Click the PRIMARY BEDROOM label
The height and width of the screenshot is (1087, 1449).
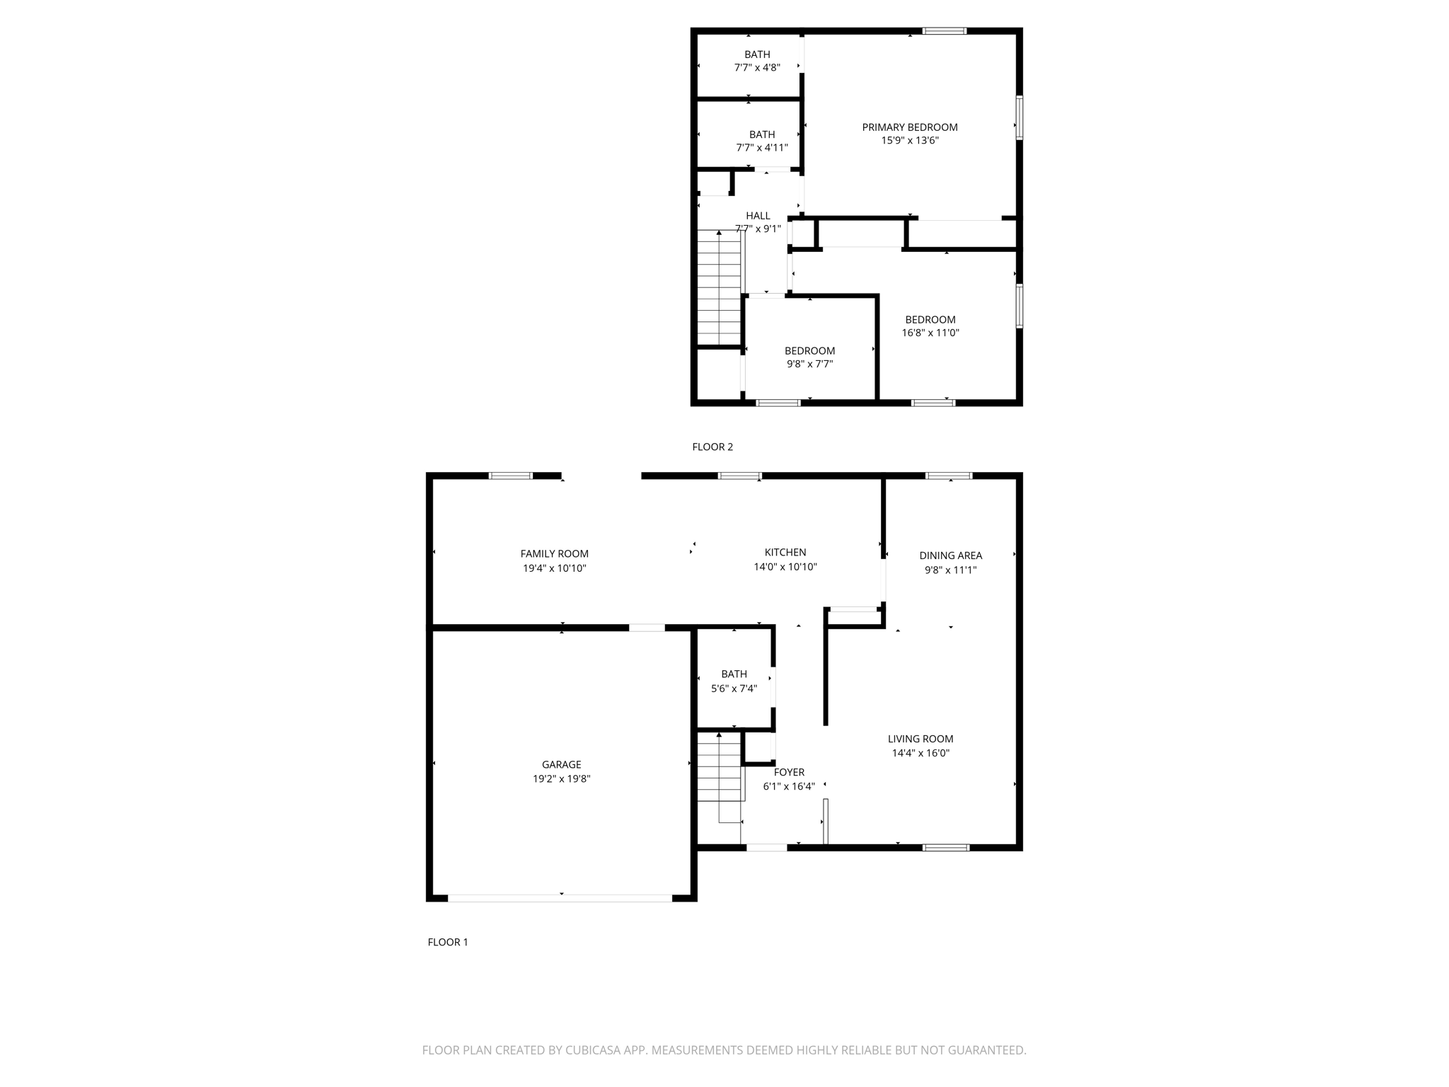click(909, 127)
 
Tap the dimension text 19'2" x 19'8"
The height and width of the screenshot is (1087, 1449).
click(561, 778)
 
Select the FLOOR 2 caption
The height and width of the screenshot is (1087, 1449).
click(712, 447)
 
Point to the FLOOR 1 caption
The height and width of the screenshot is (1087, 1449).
click(447, 942)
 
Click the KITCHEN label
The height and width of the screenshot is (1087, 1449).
click(785, 552)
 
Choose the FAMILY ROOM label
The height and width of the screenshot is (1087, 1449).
click(554, 554)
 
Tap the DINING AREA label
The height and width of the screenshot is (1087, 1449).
click(950, 556)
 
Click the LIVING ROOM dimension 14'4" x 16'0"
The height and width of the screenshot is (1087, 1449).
click(920, 753)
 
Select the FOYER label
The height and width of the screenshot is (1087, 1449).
click(788, 772)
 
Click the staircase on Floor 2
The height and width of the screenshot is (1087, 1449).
click(719, 290)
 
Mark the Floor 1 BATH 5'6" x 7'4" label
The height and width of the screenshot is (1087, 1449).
click(734, 674)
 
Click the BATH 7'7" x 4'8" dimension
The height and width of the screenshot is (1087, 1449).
click(757, 68)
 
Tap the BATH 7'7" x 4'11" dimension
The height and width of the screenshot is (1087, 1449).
click(761, 148)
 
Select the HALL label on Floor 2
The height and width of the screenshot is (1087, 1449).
click(757, 216)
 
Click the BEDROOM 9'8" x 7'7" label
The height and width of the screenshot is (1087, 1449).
click(809, 351)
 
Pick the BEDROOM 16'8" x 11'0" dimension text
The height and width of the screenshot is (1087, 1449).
click(930, 333)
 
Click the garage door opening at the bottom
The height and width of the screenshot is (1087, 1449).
click(560, 898)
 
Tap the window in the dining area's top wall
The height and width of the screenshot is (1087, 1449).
click(949, 476)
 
